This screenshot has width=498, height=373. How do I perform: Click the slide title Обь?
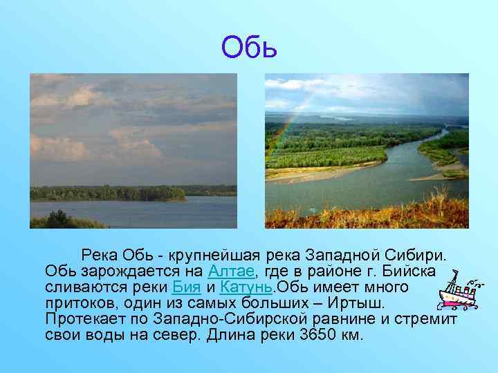coord(249,47)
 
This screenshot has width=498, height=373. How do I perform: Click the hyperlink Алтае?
coord(234,269)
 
